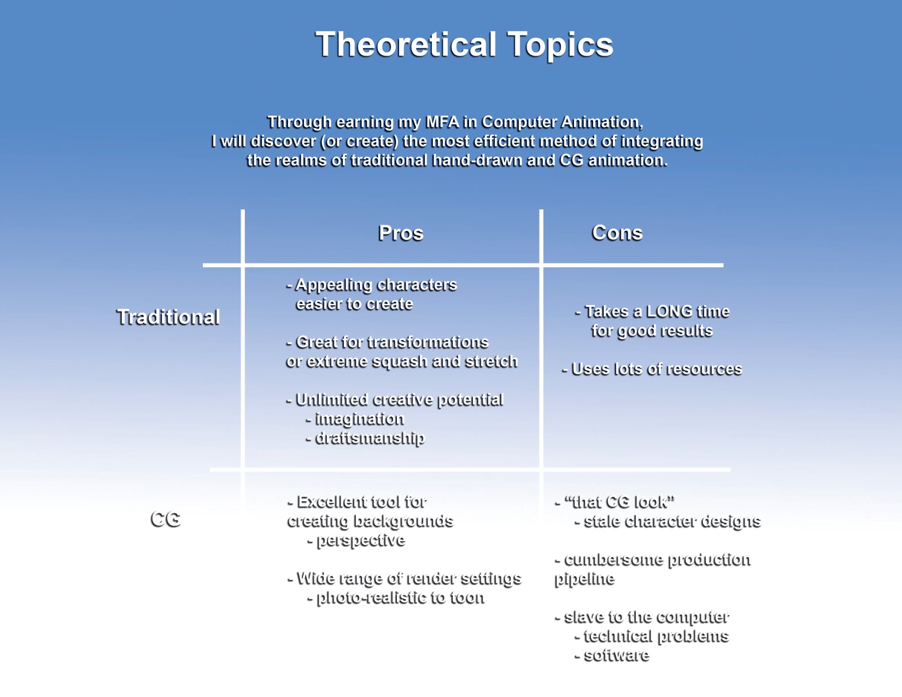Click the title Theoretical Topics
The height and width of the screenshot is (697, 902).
pyautogui.click(x=464, y=45)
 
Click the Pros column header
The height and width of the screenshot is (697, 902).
pyautogui.click(x=400, y=233)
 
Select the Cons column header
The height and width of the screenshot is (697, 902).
pyautogui.click(x=617, y=233)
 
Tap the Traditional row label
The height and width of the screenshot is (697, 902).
pyautogui.click(x=168, y=317)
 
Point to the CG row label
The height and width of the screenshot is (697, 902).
pyautogui.click(x=165, y=519)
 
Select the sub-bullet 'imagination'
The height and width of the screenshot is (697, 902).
pyautogui.click(x=359, y=419)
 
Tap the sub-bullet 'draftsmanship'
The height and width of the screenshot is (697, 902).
pyautogui.click(x=369, y=438)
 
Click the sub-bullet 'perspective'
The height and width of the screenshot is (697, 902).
pyautogui.click(x=360, y=540)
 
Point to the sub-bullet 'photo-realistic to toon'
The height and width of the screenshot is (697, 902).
pyautogui.click(x=400, y=598)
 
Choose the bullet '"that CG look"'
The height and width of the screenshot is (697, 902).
pyautogui.click(x=619, y=502)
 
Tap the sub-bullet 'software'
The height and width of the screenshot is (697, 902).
pyautogui.click(x=616, y=655)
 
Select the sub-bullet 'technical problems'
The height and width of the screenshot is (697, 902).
pyautogui.click(x=656, y=636)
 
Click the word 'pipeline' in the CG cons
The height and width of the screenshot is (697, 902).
pyautogui.click(x=584, y=579)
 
